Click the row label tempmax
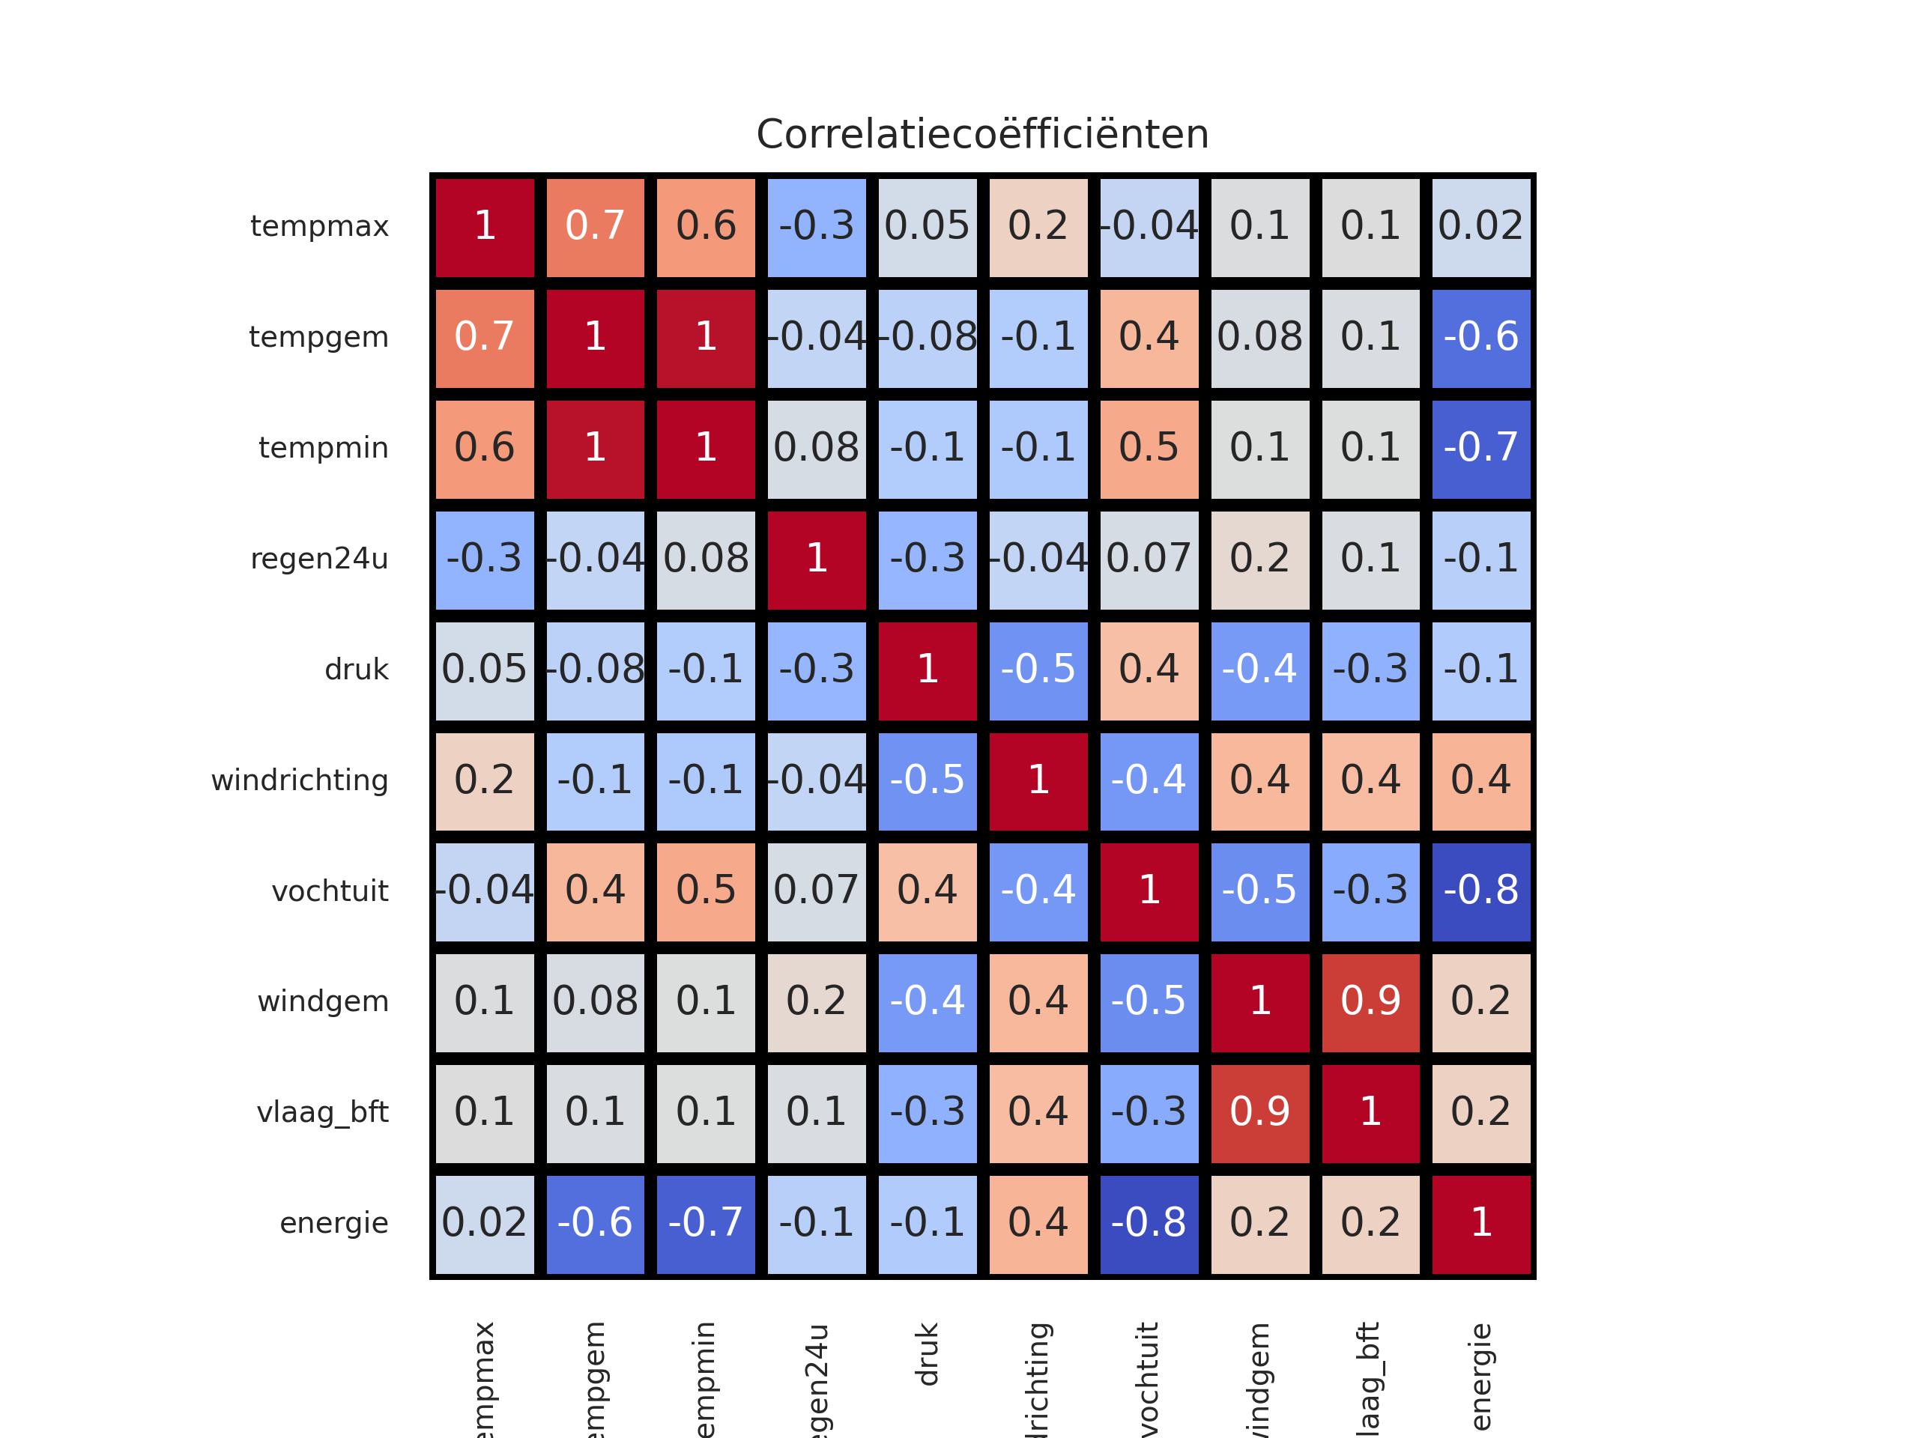click(319, 227)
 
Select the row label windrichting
click(299, 781)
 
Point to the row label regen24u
click(319, 559)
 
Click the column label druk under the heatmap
click(927, 1354)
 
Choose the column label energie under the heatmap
click(1481, 1377)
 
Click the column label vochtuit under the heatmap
click(1148, 1378)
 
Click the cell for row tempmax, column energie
click(1481, 227)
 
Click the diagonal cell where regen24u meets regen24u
click(817, 559)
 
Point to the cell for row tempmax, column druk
click(927, 227)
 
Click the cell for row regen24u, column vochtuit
click(1149, 559)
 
